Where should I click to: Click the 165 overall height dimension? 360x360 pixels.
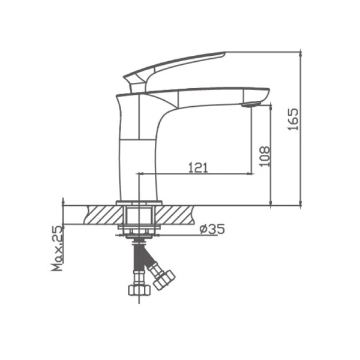click(293, 121)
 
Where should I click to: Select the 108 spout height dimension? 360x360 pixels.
click(265, 156)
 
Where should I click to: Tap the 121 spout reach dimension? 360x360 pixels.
click(198, 167)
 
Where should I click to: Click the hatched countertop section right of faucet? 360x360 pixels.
click(177, 214)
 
